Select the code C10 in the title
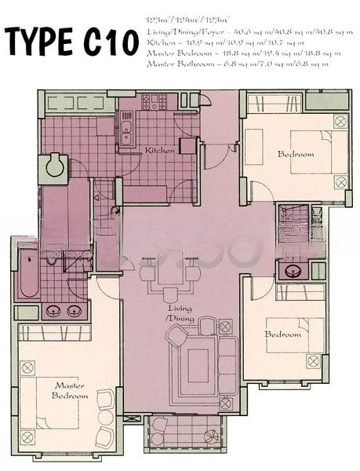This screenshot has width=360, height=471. click(x=110, y=40)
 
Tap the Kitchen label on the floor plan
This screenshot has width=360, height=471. click(x=159, y=149)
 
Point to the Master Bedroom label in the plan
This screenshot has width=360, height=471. click(x=70, y=389)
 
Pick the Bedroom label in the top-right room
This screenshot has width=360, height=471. click(x=295, y=154)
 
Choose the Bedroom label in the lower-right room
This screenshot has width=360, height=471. click(x=282, y=334)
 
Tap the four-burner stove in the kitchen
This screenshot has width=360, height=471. click(x=154, y=102)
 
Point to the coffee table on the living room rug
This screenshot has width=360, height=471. click(x=198, y=364)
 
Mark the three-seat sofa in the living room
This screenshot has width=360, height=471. click(x=227, y=363)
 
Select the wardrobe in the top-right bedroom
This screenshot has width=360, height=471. click(x=275, y=104)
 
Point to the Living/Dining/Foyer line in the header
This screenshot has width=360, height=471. click(x=249, y=32)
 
